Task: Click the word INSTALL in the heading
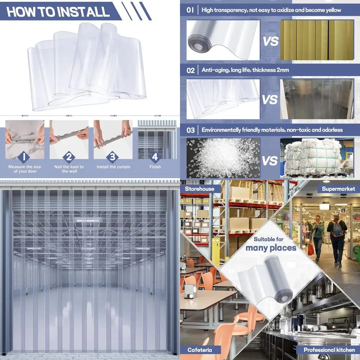click(83, 12)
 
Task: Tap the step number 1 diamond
click(23, 157)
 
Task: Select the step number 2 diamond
click(69, 157)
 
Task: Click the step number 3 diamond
click(113, 157)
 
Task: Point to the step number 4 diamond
click(155, 157)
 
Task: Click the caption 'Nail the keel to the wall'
click(68, 169)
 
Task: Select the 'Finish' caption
click(155, 167)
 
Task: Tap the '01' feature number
click(190, 10)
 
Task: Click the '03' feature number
click(190, 130)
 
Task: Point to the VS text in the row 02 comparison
click(270, 100)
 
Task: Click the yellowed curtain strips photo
click(317, 40)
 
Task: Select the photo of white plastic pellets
click(223, 158)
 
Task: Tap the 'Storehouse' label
click(199, 189)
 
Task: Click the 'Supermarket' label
click(338, 189)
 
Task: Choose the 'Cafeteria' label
click(199, 350)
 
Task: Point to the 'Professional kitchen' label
click(329, 350)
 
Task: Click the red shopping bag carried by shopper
click(311, 249)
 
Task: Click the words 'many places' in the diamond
click(271, 248)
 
